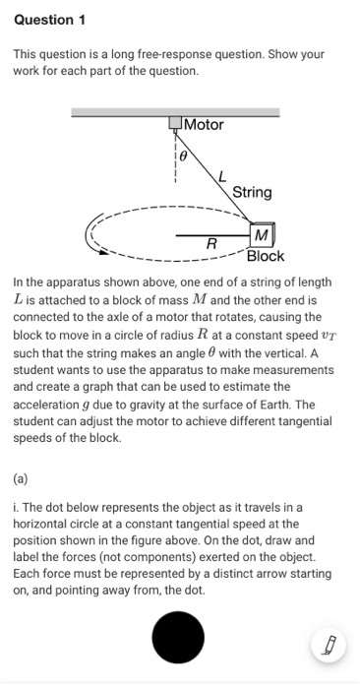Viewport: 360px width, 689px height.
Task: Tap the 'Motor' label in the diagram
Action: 205,125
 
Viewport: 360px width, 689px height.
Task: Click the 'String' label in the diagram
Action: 253,192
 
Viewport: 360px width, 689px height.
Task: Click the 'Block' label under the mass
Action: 266,256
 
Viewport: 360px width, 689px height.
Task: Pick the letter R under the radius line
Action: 210,244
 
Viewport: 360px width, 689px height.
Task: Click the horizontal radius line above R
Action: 211,235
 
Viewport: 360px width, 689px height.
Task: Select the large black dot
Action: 178,637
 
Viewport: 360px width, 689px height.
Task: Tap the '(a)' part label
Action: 22,481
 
